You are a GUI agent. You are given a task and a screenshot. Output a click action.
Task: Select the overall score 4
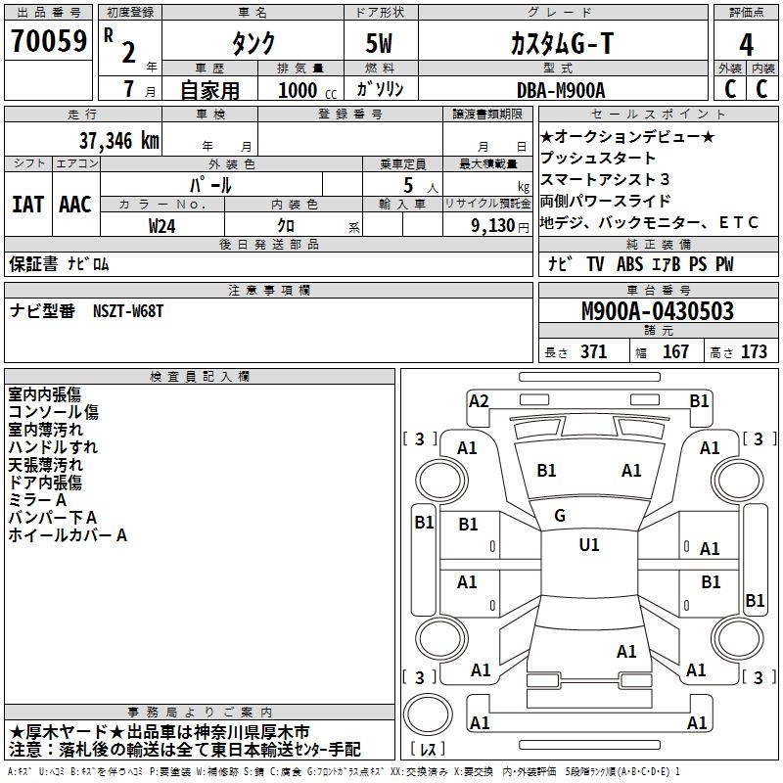coord(746,44)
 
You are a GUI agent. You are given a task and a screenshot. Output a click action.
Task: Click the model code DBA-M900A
coord(561,90)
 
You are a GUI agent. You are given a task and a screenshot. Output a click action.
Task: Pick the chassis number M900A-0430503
coord(657,311)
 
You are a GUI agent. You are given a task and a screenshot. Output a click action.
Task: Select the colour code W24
coord(162,225)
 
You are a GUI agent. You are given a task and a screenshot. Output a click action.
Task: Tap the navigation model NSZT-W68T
coord(128,310)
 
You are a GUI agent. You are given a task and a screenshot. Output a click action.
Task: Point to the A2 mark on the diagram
coord(479,400)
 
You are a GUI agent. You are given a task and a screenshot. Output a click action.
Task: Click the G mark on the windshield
coord(560,515)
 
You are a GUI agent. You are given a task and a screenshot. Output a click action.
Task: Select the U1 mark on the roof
coord(588,544)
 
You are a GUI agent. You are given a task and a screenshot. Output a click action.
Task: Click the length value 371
coord(593,352)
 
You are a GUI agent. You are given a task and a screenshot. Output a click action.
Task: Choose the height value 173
coord(754,352)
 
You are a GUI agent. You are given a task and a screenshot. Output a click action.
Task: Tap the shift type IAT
coord(27,204)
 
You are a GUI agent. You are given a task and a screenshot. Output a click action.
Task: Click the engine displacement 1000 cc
coord(299,90)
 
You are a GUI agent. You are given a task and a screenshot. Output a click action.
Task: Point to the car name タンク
coord(252,44)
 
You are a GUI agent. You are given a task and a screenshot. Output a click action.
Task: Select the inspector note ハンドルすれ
coord(53,447)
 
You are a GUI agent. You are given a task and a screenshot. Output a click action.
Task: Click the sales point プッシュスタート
coord(598,158)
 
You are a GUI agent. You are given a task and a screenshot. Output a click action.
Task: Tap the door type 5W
coord(381,44)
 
